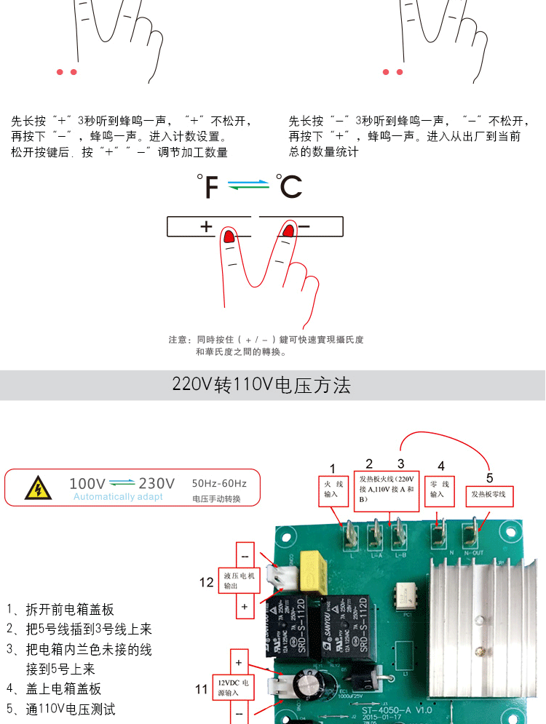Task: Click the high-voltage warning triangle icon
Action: (x=34, y=488)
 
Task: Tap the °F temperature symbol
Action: (x=208, y=186)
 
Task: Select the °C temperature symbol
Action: (x=289, y=186)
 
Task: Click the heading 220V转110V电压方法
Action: (x=261, y=385)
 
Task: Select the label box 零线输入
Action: (x=437, y=490)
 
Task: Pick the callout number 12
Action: (x=207, y=581)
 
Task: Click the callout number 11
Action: (x=202, y=688)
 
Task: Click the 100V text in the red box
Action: (x=87, y=483)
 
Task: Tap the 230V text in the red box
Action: (x=157, y=483)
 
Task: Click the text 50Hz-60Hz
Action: (x=219, y=483)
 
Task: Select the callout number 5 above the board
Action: (x=489, y=477)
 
